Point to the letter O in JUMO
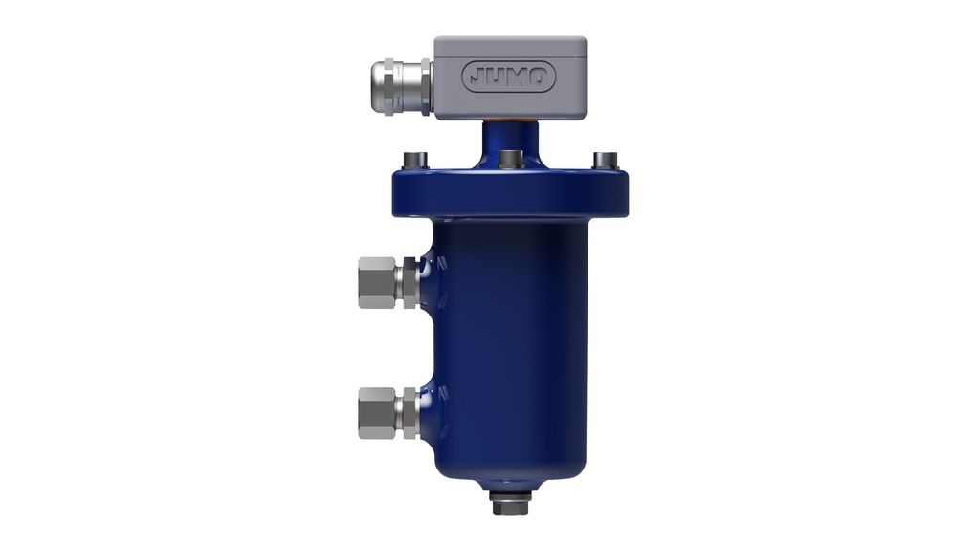[540, 76]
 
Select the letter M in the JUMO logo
[517, 76]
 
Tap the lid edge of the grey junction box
[509, 43]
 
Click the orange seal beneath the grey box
[509, 121]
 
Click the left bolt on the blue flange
[413, 160]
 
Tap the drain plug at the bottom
[508, 504]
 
